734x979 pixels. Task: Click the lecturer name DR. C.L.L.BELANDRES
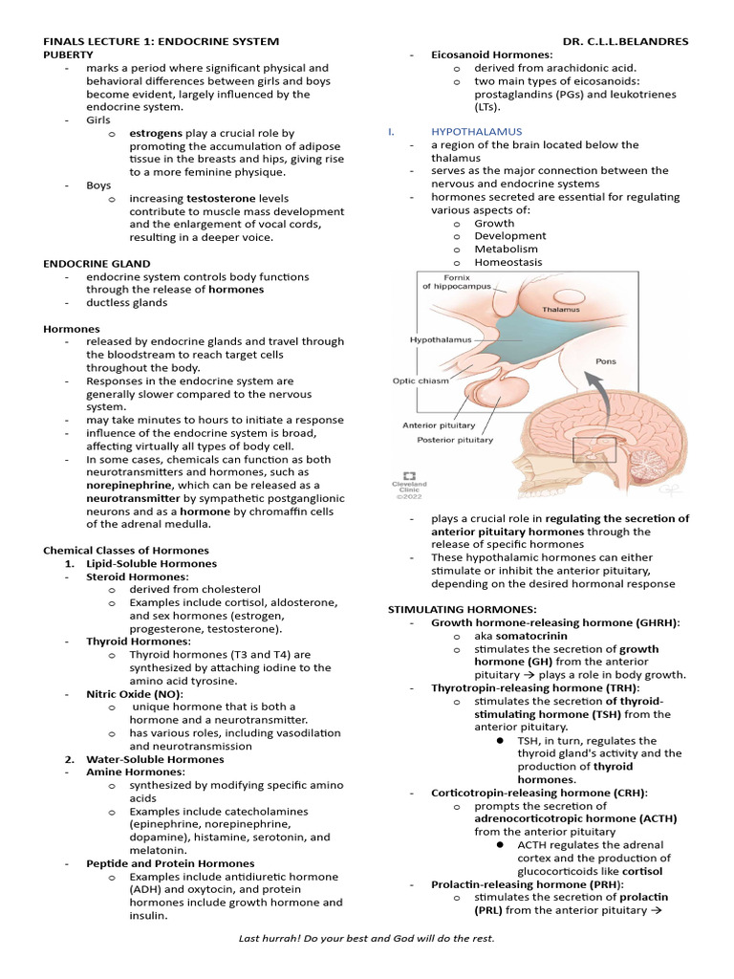(625, 42)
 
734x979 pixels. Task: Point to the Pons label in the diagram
(606, 361)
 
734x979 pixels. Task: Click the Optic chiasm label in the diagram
(420, 380)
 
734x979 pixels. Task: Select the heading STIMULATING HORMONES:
(462, 609)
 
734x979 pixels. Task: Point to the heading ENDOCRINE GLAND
(97, 263)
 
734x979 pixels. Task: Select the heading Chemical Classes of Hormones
(126, 550)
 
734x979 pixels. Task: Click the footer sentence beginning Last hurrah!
(366, 938)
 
